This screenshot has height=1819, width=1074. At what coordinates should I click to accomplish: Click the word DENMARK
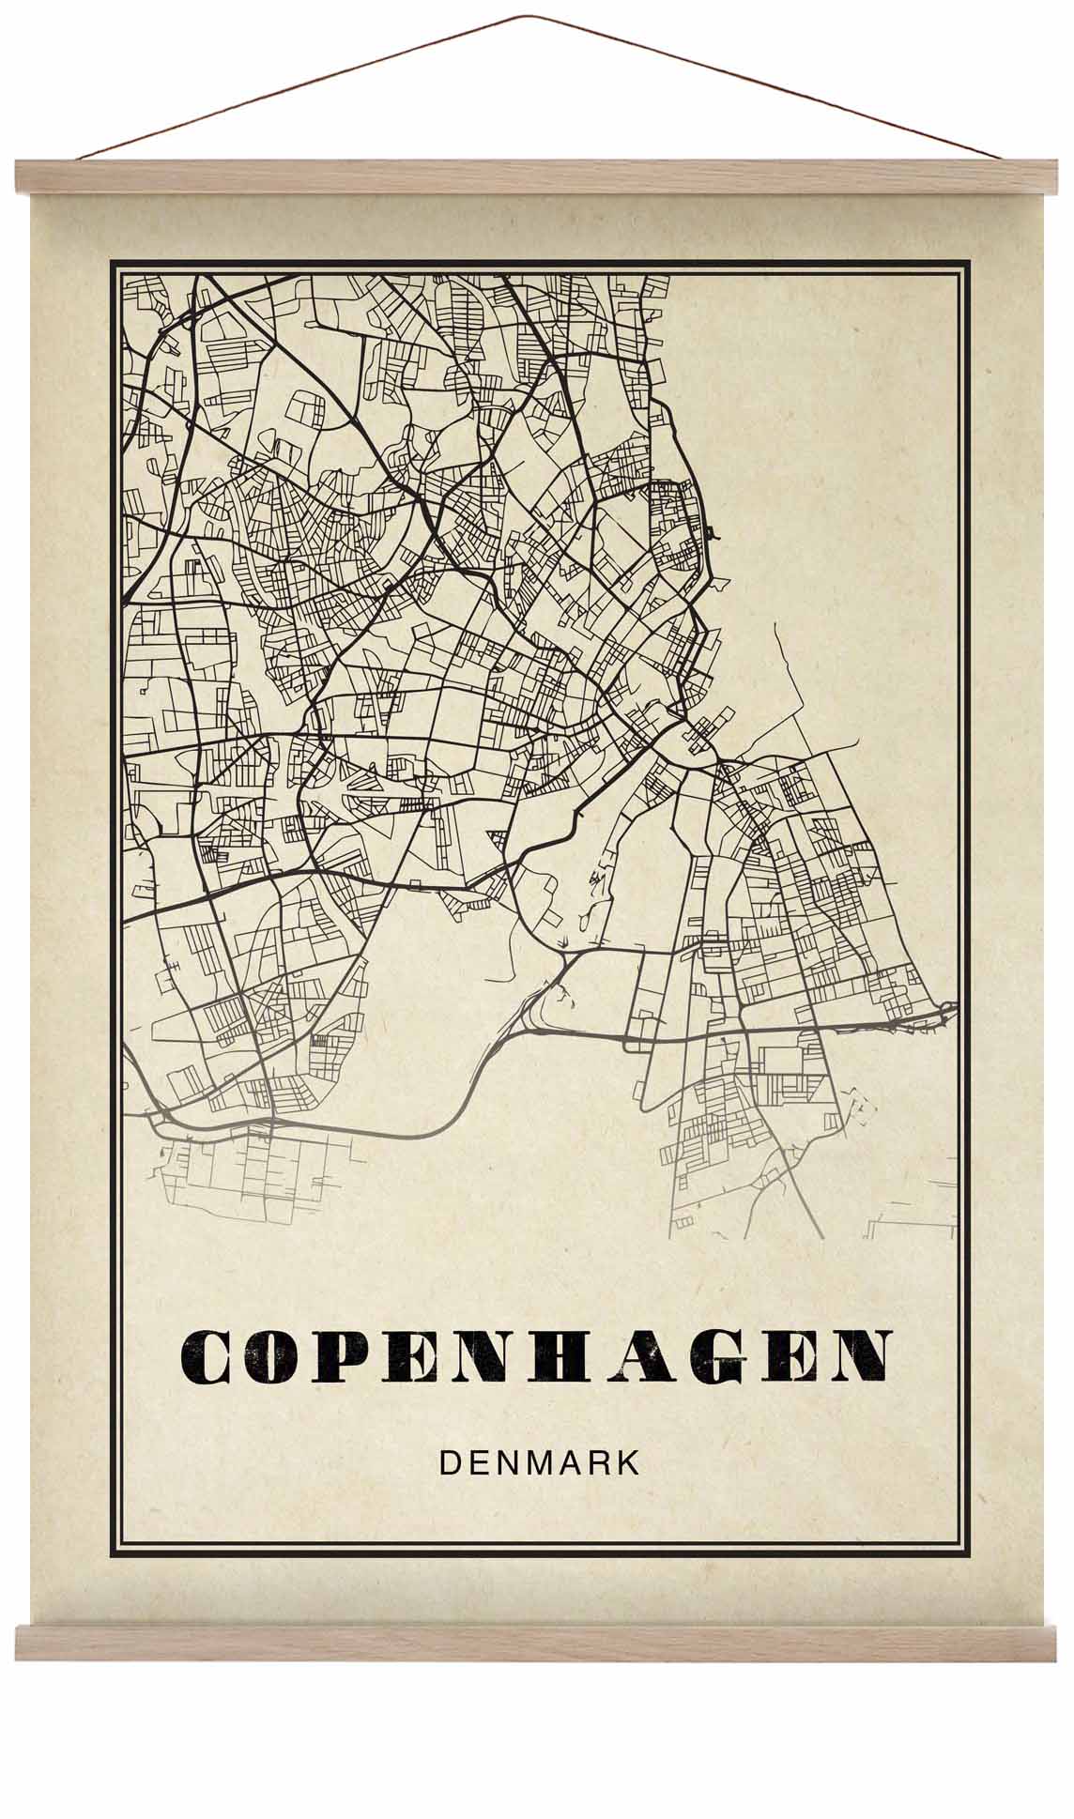point(539,1463)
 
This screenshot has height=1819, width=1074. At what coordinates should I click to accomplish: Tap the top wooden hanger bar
point(537,176)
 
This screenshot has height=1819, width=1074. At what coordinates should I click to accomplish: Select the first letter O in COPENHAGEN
point(272,1356)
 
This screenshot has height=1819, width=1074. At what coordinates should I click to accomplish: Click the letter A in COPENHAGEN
point(636,1356)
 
